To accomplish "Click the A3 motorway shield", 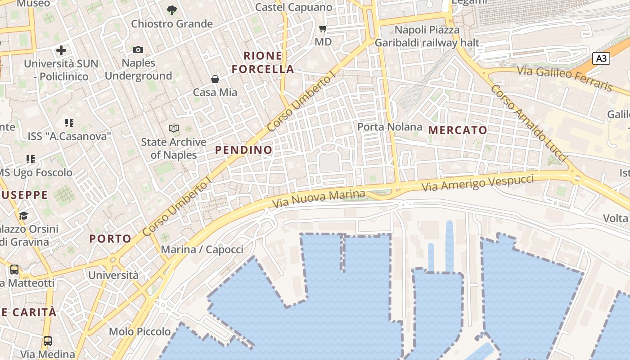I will pyautogui.click(x=601, y=58).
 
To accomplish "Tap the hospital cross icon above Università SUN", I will pyautogui.click(x=61, y=50).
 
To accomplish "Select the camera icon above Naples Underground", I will pyautogui.click(x=138, y=49).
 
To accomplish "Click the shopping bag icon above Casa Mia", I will pyautogui.click(x=215, y=79).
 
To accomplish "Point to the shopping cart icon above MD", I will pyautogui.click(x=323, y=29).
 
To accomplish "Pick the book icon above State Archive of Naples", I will pyautogui.click(x=174, y=129).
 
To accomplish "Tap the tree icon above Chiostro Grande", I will pyautogui.click(x=171, y=10).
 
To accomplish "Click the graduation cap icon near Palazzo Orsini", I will pyautogui.click(x=23, y=216).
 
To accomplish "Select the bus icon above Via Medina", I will pyautogui.click(x=47, y=341).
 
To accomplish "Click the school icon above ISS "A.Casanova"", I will pyautogui.click(x=69, y=122).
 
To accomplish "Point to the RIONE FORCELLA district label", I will pyautogui.click(x=269, y=63).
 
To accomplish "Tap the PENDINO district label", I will pyautogui.click(x=244, y=150).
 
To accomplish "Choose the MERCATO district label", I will pyautogui.click(x=458, y=130).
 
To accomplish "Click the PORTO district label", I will pyautogui.click(x=110, y=238).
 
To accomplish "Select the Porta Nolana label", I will pyautogui.click(x=390, y=127).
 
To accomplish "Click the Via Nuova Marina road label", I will pyautogui.click(x=319, y=198).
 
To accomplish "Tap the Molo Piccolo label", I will pyautogui.click(x=140, y=332).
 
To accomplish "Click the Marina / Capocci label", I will pyautogui.click(x=202, y=249).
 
